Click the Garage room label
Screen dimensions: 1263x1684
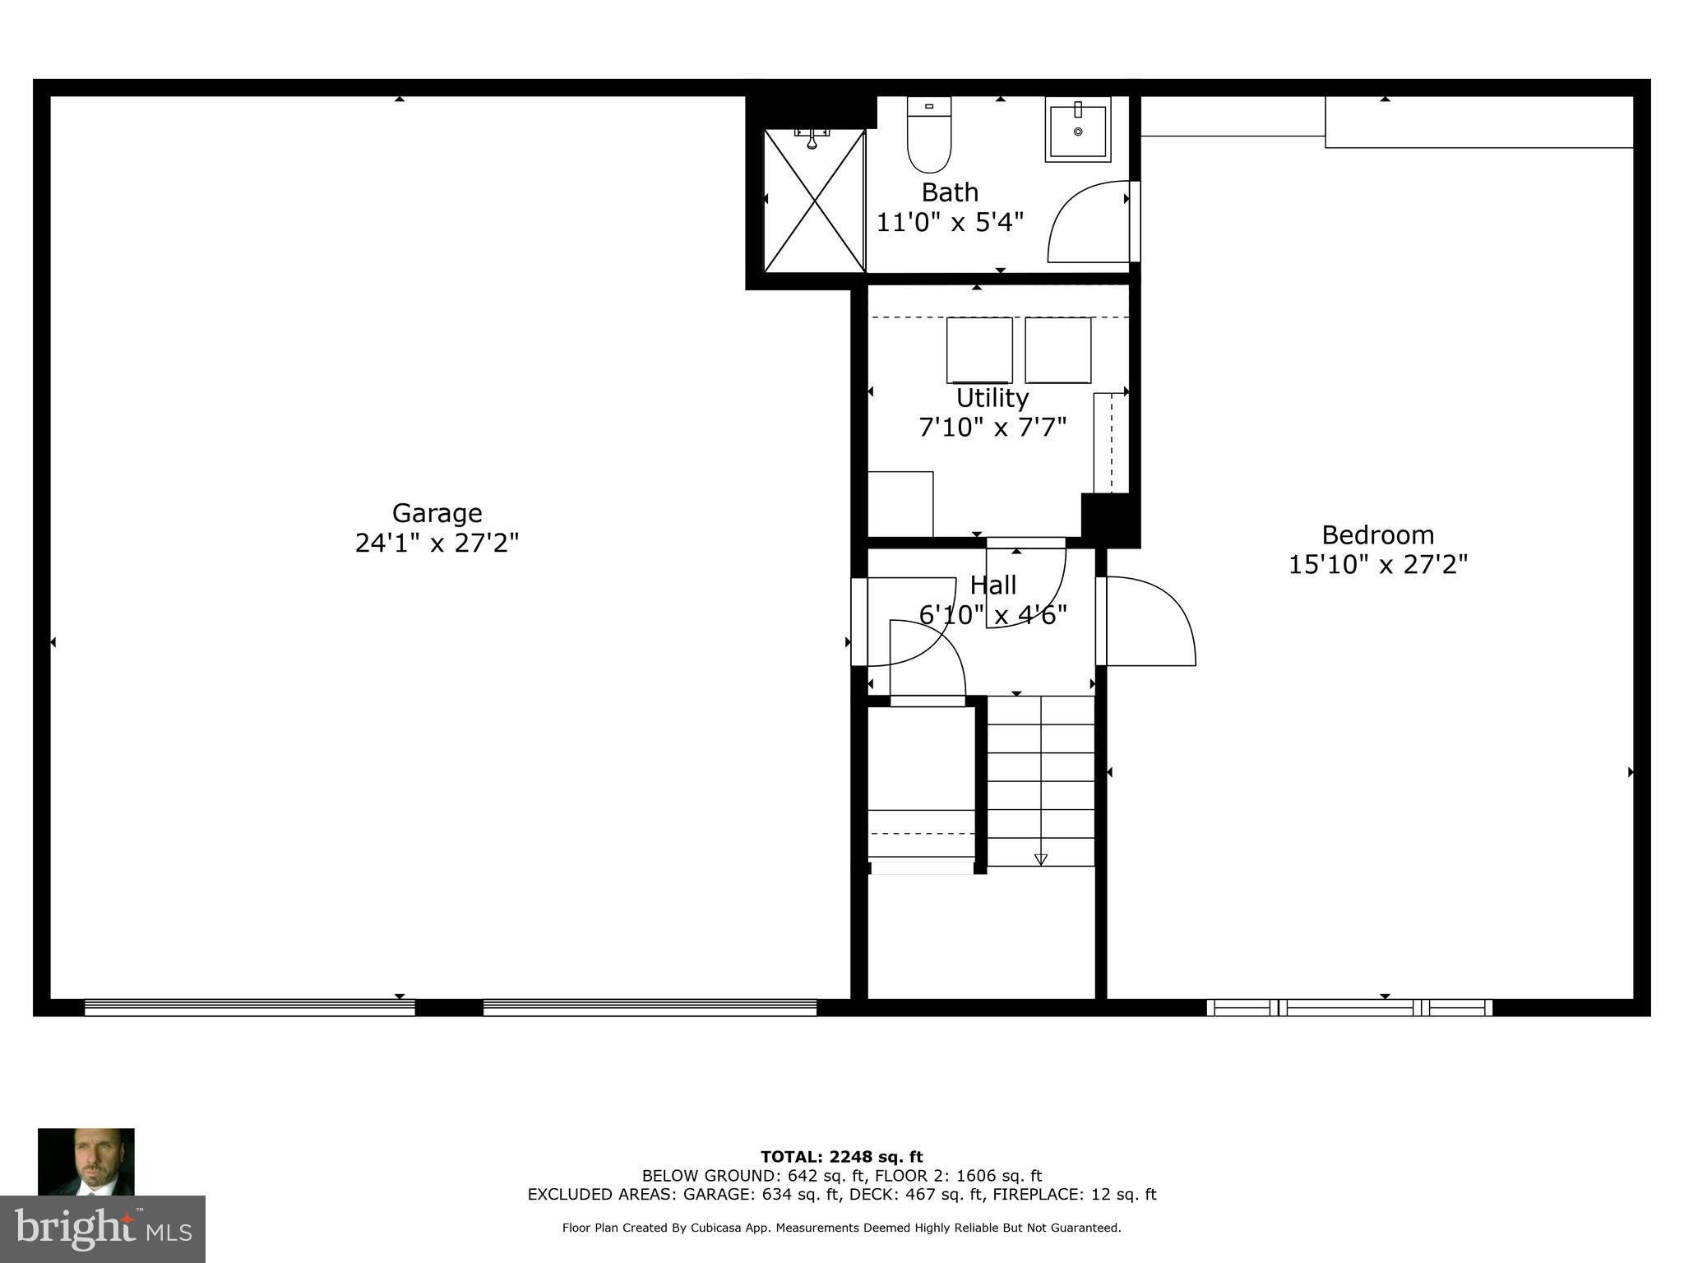tap(437, 513)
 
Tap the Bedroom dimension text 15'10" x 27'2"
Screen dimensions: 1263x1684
tap(1377, 565)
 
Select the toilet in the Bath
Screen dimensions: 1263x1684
tap(928, 136)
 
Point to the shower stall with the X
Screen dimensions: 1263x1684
tap(814, 201)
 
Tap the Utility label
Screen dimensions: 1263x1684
tap(992, 398)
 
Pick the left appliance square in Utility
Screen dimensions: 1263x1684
tap(978, 350)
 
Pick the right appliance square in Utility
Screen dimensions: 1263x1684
tap(1057, 350)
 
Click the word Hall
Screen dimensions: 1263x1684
tap(992, 585)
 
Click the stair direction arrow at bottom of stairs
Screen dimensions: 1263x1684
tap(1040, 859)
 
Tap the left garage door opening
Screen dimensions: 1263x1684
tap(249, 1007)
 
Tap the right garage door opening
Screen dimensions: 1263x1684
tap(649, 1007)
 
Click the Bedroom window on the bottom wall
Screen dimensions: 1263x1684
tap(1349, 1007)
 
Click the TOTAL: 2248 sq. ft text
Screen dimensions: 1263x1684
tap(841, 1157)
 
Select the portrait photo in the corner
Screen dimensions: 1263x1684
tap(86, 1161)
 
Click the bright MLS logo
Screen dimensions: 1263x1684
tap(102, 1228)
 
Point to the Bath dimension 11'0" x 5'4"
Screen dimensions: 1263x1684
tap(950, 222)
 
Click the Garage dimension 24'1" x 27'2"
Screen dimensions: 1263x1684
tap(437, 544)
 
